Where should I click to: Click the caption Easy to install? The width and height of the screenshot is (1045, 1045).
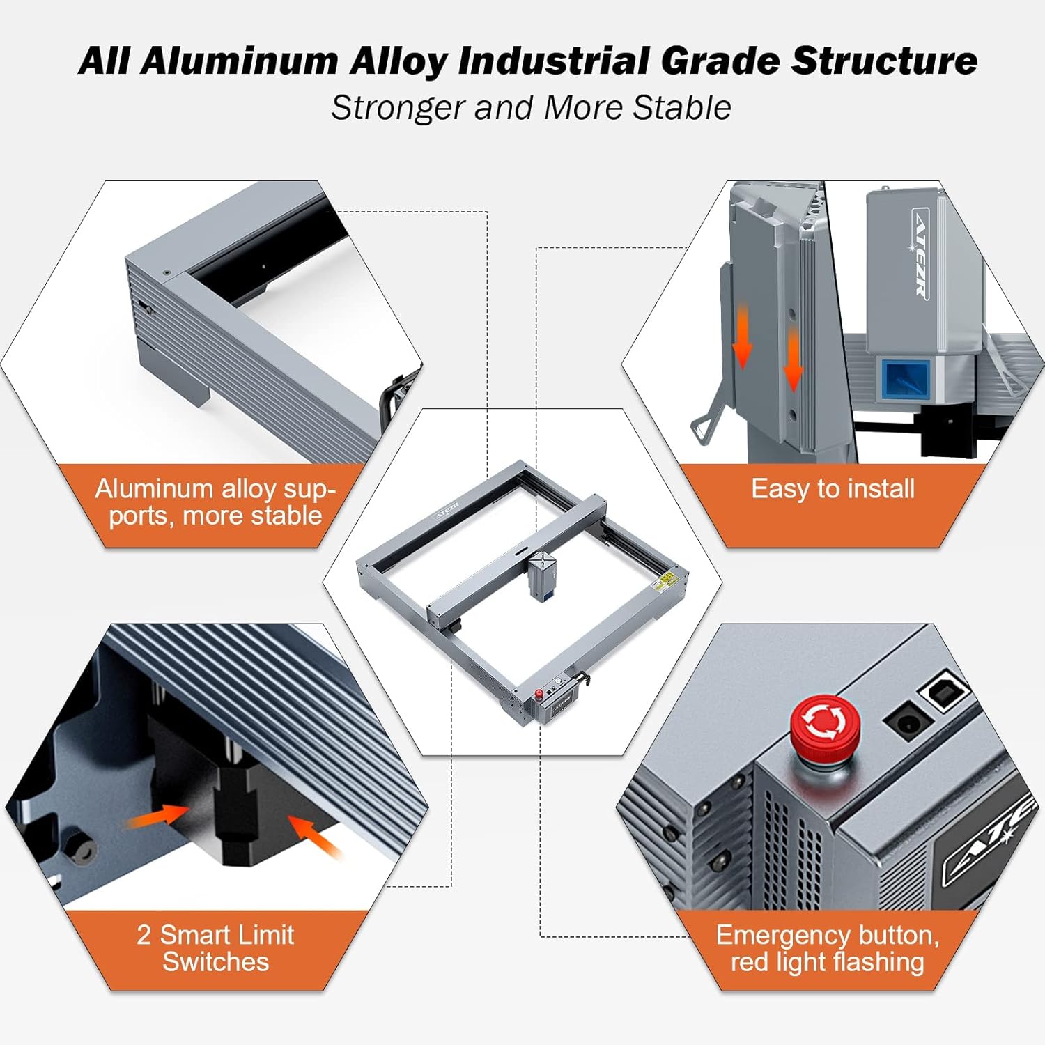(833, 489)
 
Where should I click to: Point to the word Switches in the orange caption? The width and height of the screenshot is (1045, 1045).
(216, 962)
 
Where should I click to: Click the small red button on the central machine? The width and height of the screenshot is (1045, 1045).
(539, 695)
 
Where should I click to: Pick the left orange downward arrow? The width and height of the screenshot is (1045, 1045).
(743, 336)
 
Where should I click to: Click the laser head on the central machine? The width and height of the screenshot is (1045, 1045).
(541, 576)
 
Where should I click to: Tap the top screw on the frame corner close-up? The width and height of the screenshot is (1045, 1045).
(166, 272)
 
